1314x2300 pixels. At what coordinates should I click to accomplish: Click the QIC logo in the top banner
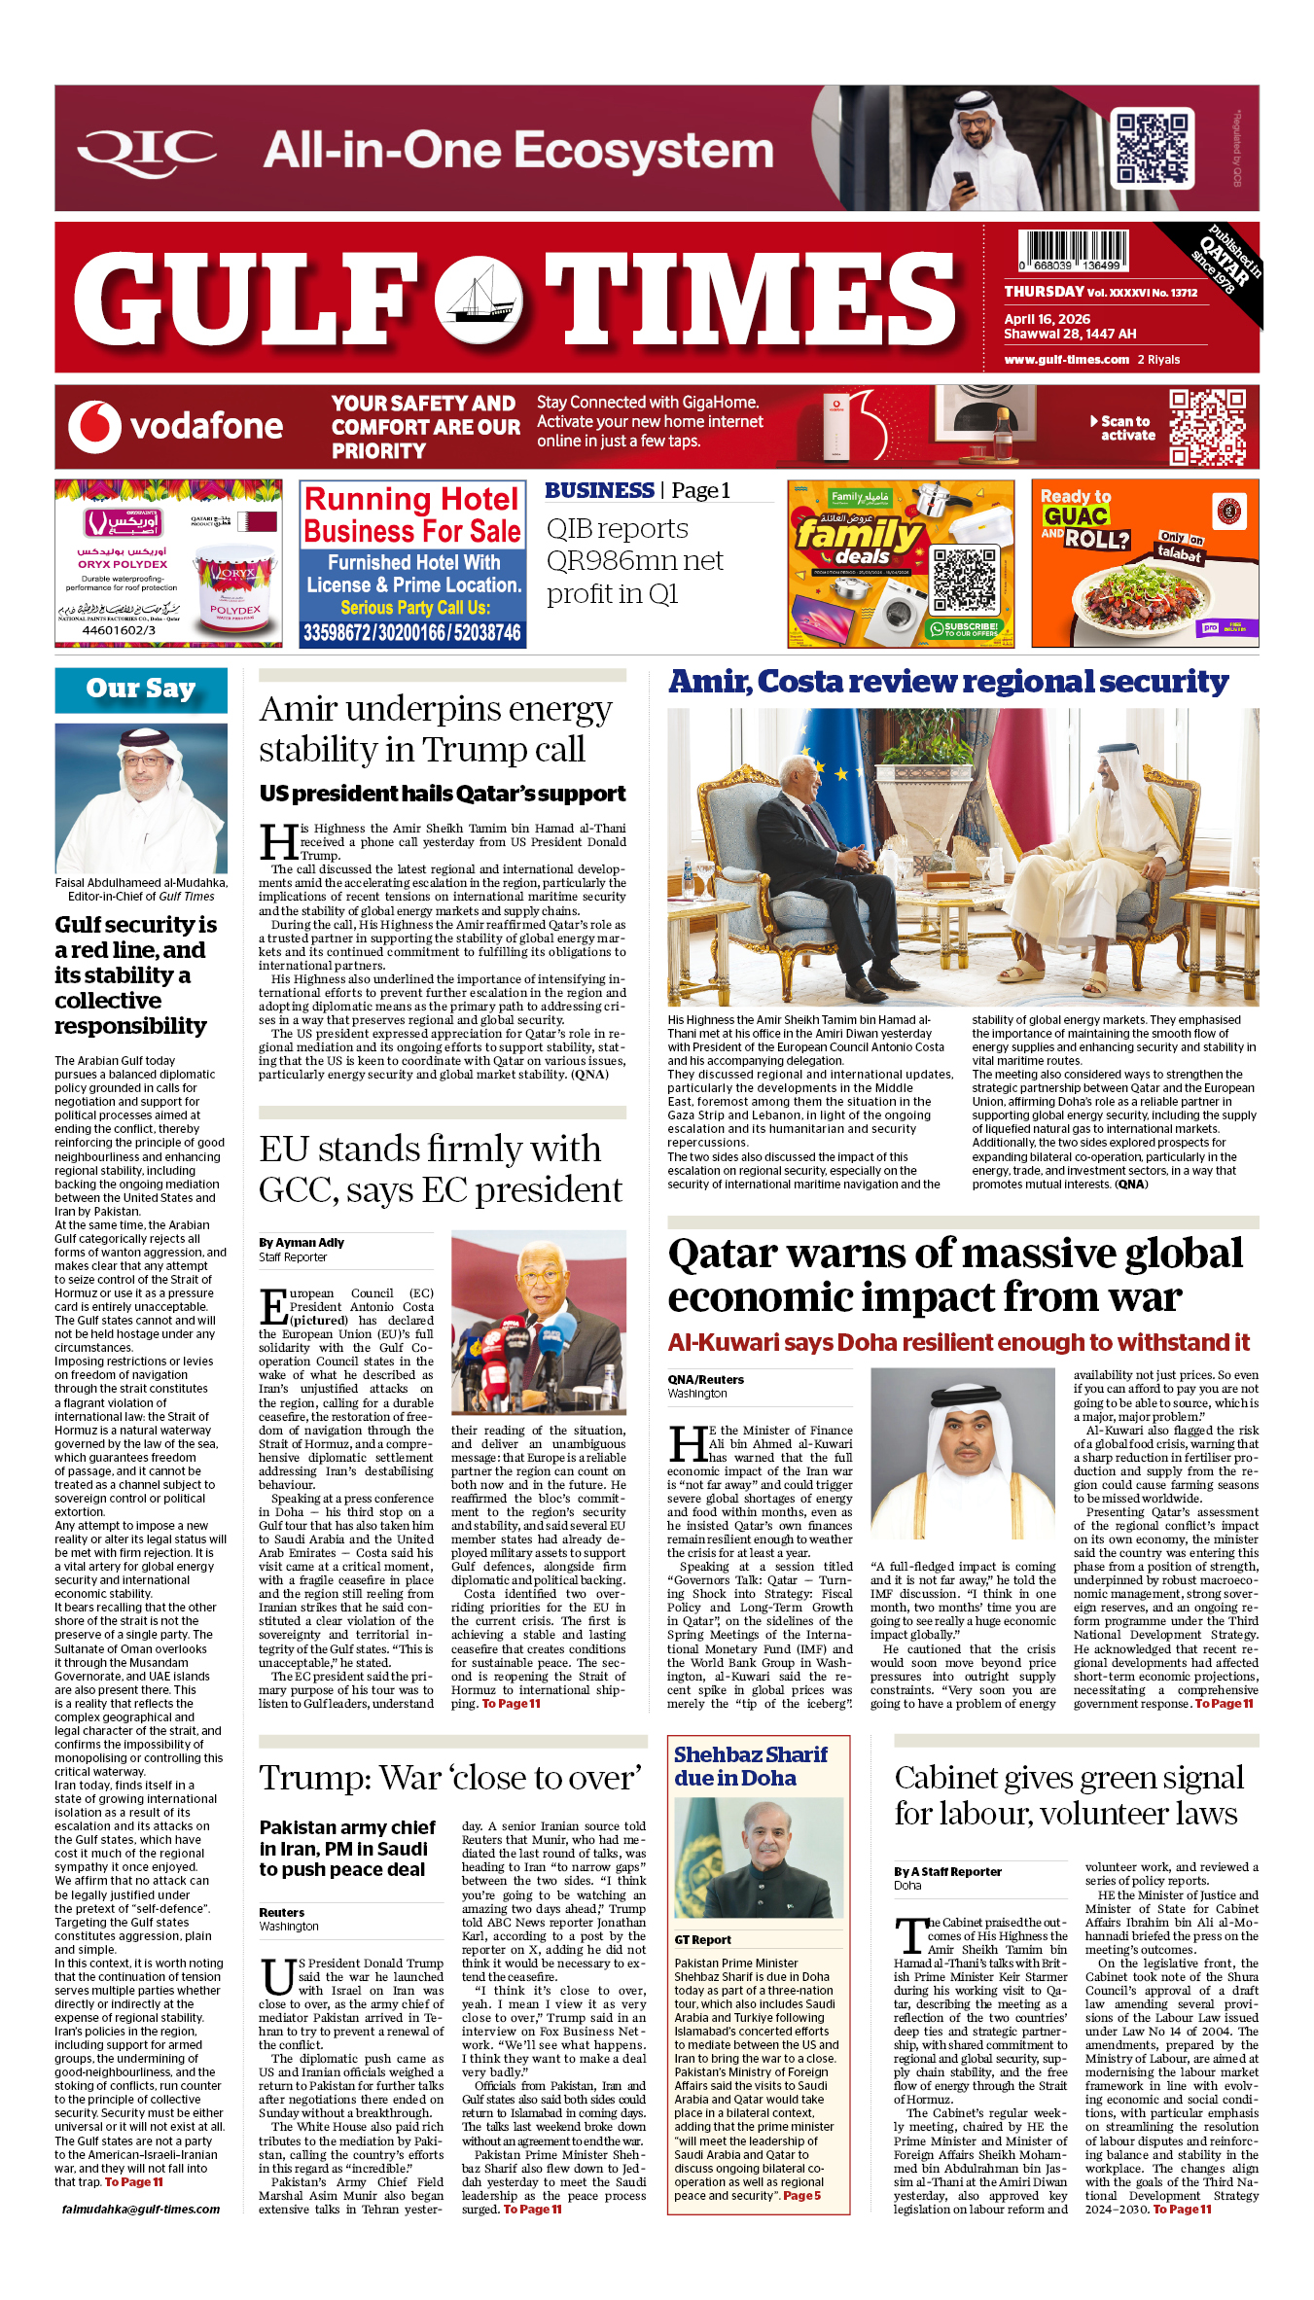(147, 150)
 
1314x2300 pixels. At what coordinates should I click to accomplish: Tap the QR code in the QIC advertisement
(1153, 148)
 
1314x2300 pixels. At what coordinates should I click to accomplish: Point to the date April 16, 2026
(1047, 319)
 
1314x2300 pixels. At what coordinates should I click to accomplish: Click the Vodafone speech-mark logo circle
(94, 427)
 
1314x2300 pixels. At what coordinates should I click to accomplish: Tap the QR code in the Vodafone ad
(1207, 427)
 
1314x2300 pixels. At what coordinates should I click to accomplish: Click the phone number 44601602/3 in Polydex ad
(119, 630)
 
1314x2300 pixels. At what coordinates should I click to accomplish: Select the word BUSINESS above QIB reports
(599, 490)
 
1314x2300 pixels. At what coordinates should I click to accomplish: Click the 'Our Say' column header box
(141, 690)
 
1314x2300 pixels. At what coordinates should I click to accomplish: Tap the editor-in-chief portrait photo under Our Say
(141, 798)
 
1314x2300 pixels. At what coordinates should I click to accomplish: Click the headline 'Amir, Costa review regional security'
(948, 682)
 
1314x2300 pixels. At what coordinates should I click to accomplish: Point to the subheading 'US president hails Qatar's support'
(443, 794)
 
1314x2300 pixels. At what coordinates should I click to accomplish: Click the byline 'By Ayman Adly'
(302, 1242)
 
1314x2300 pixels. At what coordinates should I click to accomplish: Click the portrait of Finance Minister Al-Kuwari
(963, 1453)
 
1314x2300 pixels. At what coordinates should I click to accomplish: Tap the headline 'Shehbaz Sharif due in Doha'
(750, 1766)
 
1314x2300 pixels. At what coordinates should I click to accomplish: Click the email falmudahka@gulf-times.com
(141, 2209)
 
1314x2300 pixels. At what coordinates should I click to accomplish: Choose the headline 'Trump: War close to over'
(450, 1778)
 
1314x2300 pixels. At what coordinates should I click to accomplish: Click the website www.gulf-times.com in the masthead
(1066, 360)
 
